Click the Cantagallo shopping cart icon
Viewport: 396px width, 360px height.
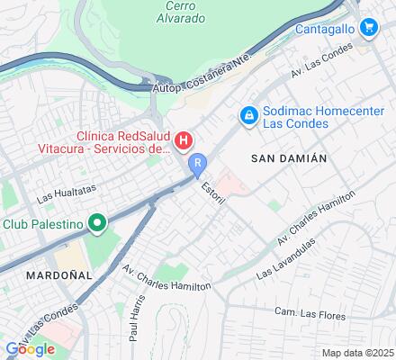pyautogui.click(x=367, y=28)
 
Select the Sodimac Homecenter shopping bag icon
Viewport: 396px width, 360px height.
pyautogui.click(x=247, y=115)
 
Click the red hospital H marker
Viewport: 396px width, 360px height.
pyautogui.click(x=184, y=139)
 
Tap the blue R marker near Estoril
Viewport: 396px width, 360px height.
pyautogui.click(x=198, y=165)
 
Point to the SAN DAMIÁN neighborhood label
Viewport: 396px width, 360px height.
pyautogui.click(x=288, y=157)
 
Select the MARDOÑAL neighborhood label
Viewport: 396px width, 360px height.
pyautogui.click(x=59, y=274)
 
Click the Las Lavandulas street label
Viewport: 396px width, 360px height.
pyautogui.click(x=286, y=258)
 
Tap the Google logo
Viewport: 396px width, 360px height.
pyautogui.click(x=30, y=349)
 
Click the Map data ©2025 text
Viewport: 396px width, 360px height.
pyautogui.click(x=358, y=353)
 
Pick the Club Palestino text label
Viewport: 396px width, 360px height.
pyautogui.click(x=43, y=223)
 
